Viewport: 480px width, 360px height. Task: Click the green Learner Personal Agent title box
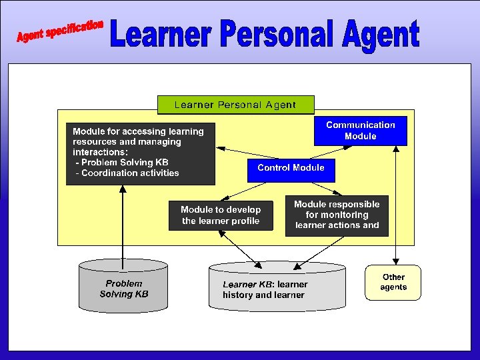[235, 105]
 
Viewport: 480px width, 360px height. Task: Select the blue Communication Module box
[360, 131]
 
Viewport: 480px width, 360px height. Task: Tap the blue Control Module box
[291, 169]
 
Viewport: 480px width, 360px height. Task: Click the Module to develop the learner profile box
[221, 215]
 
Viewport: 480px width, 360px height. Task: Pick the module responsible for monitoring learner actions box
[337, 215]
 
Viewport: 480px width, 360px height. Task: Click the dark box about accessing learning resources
[140, 153]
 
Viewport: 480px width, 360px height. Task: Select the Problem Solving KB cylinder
[124, 289]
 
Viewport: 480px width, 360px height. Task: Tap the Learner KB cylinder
[277, 289]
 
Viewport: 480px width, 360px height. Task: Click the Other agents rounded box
[393, 283]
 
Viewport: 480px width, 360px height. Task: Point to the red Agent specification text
[60, 31]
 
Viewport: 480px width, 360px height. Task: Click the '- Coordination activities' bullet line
[127, 173]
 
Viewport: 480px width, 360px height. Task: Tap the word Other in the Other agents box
[393, 277]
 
